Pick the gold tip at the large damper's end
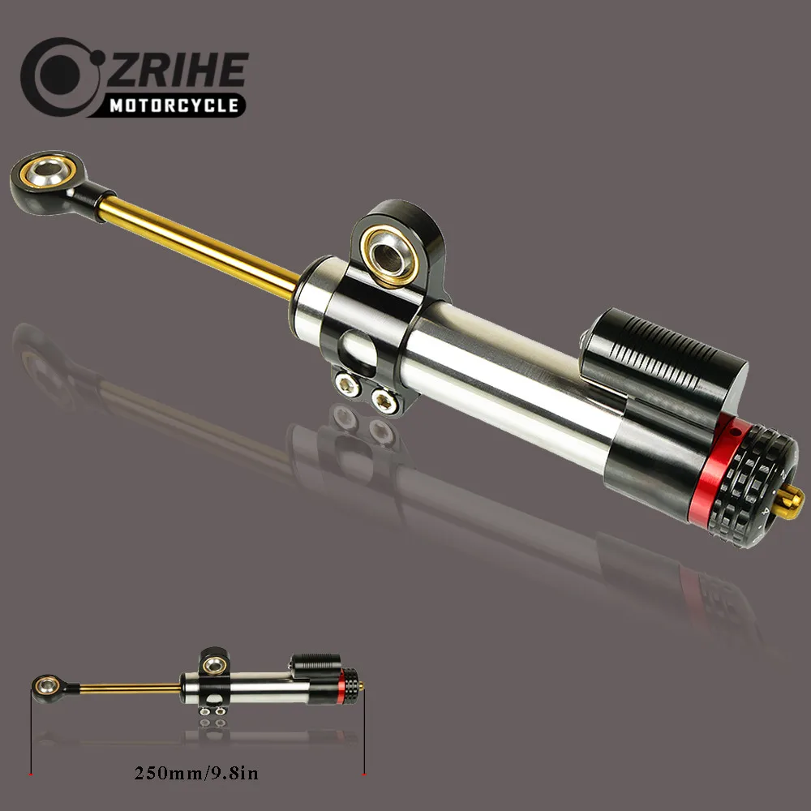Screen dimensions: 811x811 pos(796,496)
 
